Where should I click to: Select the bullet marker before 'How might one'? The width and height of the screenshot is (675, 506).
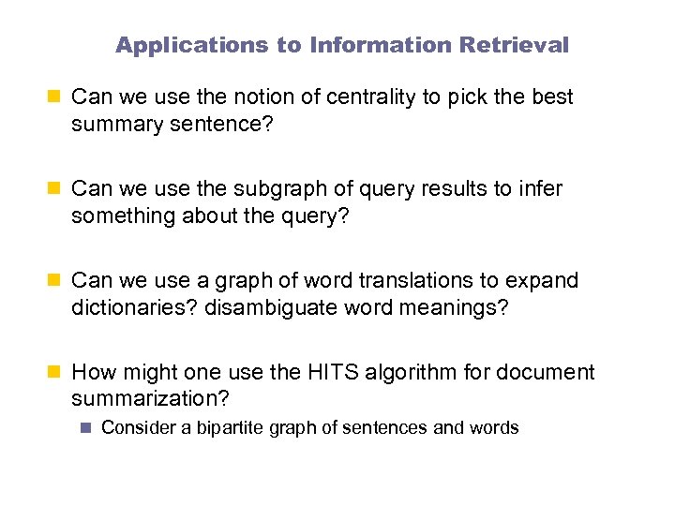click(55, 373)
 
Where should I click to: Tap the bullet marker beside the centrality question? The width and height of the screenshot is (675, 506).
click(55, 97)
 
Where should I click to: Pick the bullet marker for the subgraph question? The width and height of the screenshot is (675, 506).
click(55, 189)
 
